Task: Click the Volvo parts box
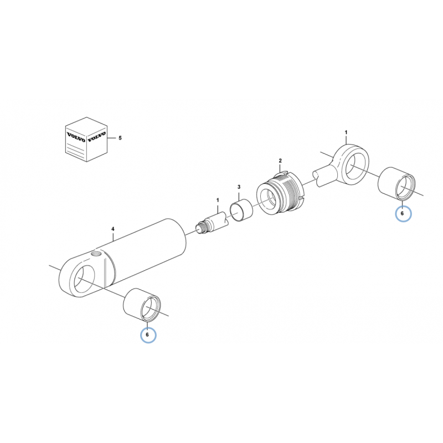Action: (x=86, y=140)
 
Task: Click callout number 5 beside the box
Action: (x=120, y=138)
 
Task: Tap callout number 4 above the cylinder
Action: (x=113, y=229)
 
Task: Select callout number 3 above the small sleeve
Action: (x=239, y=187)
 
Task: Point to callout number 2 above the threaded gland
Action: (x=280, y=161)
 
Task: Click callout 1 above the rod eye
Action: (x=346, y=132)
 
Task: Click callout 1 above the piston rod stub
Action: (x=218, y=200)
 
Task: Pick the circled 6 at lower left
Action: (x=148, y=335)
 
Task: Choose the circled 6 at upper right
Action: (x=403, y=214)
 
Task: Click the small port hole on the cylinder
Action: (x=95, y=254)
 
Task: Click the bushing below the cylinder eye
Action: (x=142, y=305)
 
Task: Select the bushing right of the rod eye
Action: (x=396, y=184)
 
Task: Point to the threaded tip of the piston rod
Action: (x=202, y=228)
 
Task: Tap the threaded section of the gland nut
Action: (x=291, y=193)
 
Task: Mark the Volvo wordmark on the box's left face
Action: (x=76, y=137)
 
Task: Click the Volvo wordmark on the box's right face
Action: (x=96, y=136)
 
